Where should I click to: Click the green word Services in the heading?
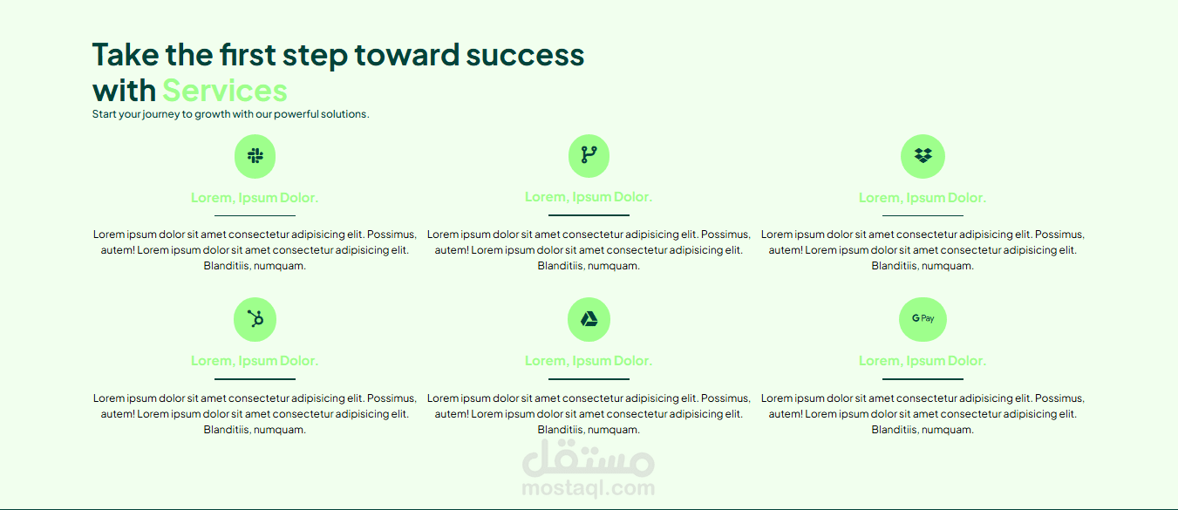pyautogui.click(x=225, y=91)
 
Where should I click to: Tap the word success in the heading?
pyautogui.click(x=525, y=56)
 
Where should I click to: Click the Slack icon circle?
pyautogui.click(x=255, y=156)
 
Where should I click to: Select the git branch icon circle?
pyautogui.click(x=589, y=156)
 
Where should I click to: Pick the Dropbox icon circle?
pyautogui.click(x=923, y=156)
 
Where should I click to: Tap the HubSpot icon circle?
pyautogui.click(x=255, y=319)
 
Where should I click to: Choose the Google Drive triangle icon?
pyautogui.click(x=589, y=319)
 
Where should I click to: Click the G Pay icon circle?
pyautogui.click(x=923, y=319)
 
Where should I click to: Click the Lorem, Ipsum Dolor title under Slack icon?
pyautogui.click(x=255, y=198)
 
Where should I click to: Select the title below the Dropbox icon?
pyautogui.click(x=923, y=198)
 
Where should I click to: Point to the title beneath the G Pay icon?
pyautogui.click(x=923, y=361)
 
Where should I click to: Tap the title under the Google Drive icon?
pyautogui.click(x=589, y=361)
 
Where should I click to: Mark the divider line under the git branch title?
pyautogui.click(x=589, y=215)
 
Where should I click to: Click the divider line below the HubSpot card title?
pyautogui.click(x=255, y=378)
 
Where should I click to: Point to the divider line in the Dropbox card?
pyautogui.click(x=923, y=215)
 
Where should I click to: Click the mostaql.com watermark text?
pyautogui.click(x=589, y=488)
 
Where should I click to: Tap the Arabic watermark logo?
pyautogui.click(x=589, y=458)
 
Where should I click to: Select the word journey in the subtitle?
pyautogui.click(x=161, y=114)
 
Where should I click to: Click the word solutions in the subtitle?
pyautogui.click(x=345, y=114)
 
